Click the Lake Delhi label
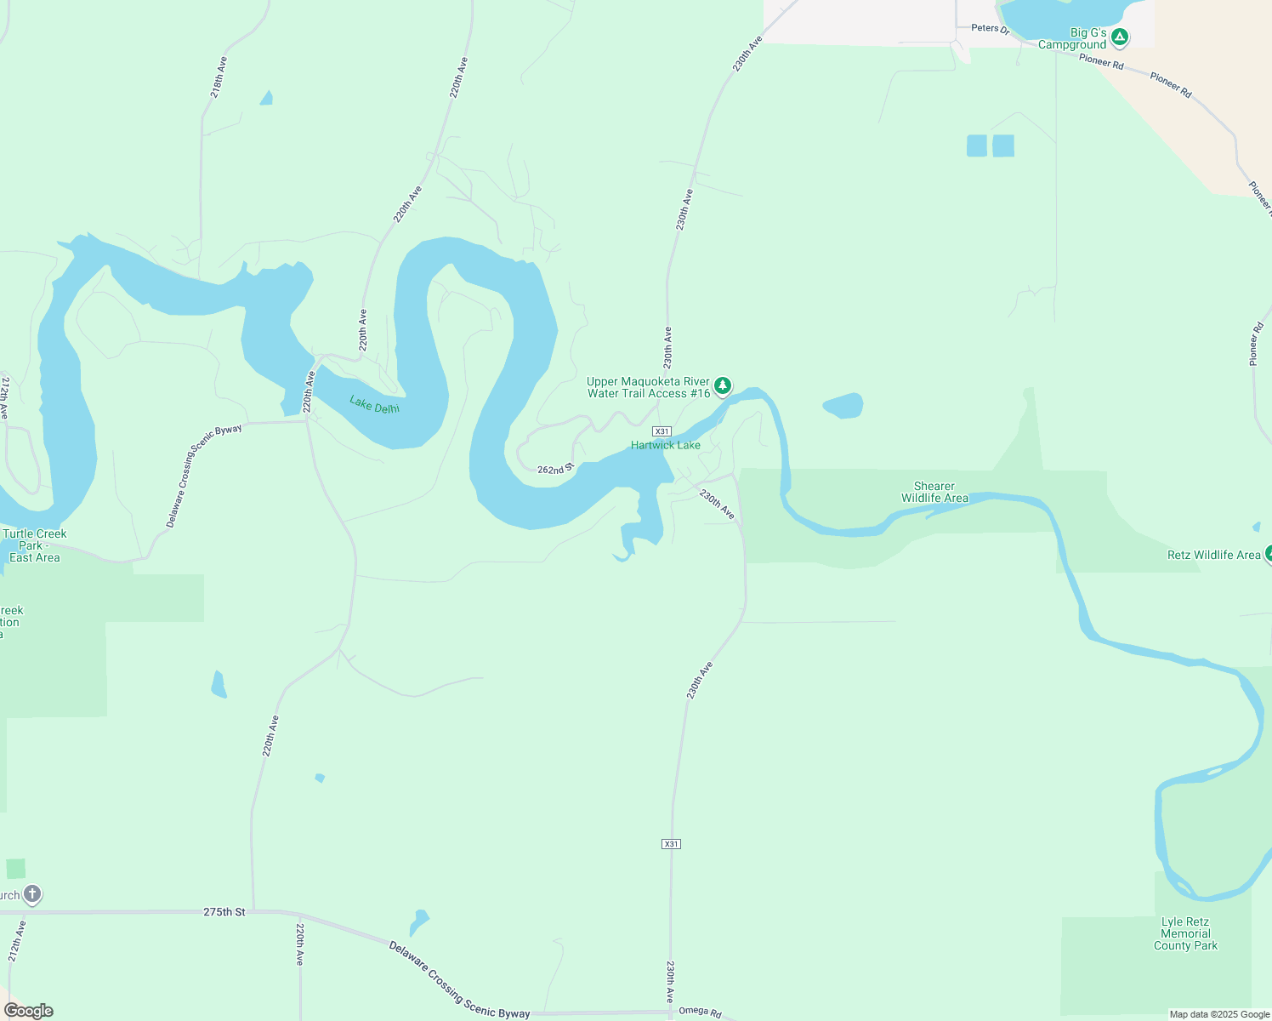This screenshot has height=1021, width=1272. click(x=374, y=404)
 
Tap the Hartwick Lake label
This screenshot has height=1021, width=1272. click(x=665, y=445)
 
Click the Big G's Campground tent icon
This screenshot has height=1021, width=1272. click(x=1120, y=37)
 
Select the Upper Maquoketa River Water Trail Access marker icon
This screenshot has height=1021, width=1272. click(x=722, y=386)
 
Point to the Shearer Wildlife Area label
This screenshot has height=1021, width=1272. click(x=934, y=492)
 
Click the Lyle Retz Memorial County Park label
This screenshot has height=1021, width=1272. click(x=1185, y=933)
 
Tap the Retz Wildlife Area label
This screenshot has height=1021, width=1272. click(x=1213, y=555)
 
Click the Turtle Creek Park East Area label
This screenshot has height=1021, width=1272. click(x=34, y=545)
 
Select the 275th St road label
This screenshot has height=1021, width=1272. click(x=224, y=911)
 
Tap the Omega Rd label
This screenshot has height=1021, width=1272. click(x=700, y=1012)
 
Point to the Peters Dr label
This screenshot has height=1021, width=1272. click(x=990, y=28)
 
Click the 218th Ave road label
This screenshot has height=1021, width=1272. click(x=219, y=77)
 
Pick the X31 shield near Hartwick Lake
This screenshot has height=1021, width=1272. click(x=662, y=431)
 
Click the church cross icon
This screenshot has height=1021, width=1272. click(x=31, y=894)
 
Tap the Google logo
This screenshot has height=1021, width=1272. click(x=28, y=1011)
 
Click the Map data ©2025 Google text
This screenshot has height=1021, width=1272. click(x=1219, y=1014)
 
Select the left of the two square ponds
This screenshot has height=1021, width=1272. click(x=977, y=145)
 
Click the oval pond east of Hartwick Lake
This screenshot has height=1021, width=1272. click(x=843, y=406)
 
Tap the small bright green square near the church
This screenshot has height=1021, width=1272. click(x=15, y=869)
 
